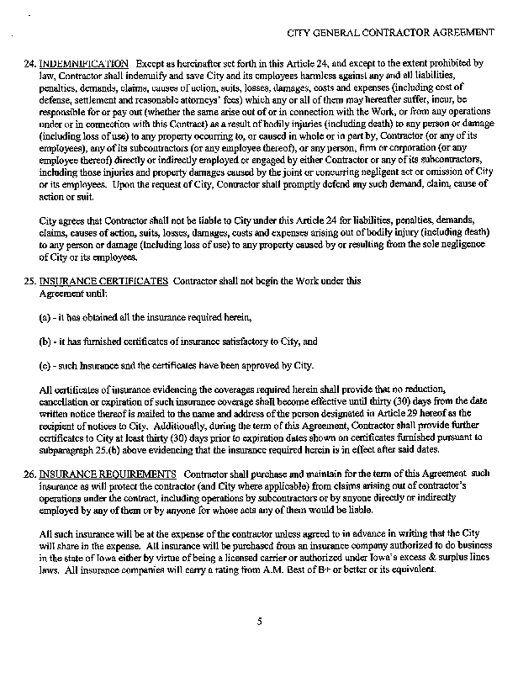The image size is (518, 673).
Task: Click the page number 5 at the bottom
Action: pyautogui.click(x=260, y=621)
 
